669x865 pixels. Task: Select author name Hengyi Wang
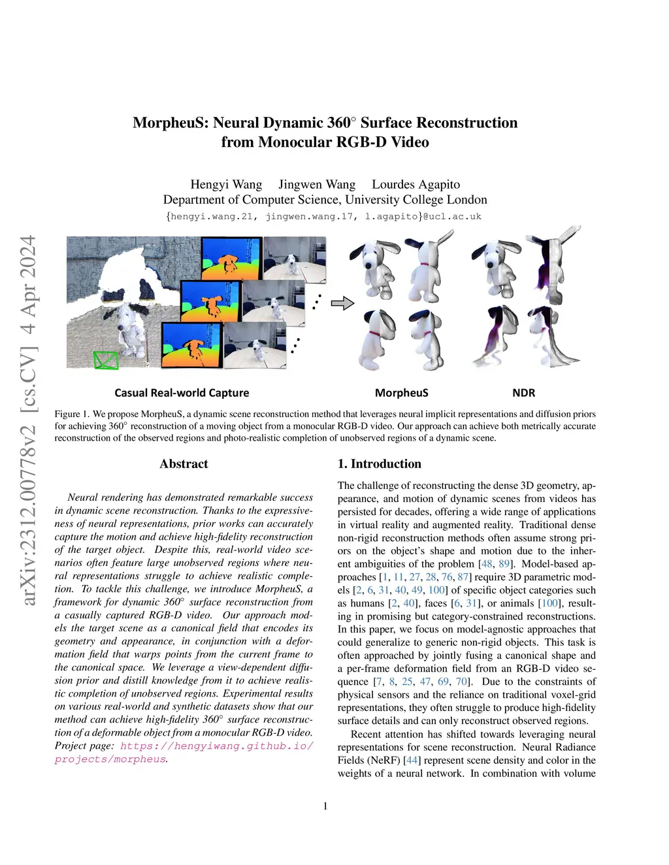226,185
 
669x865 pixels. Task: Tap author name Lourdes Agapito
416,185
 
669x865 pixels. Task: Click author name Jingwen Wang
317,185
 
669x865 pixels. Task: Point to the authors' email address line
324,216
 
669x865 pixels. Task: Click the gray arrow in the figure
342,303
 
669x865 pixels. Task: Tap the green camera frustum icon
106,360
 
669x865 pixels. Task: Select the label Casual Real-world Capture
182,393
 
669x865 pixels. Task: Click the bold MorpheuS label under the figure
401,393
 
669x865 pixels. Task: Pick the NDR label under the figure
523,393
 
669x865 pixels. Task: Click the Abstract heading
184,464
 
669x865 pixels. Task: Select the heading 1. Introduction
379,464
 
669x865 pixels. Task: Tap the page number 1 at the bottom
325,806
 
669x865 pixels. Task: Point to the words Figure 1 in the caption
71,414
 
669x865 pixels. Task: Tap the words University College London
416,200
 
